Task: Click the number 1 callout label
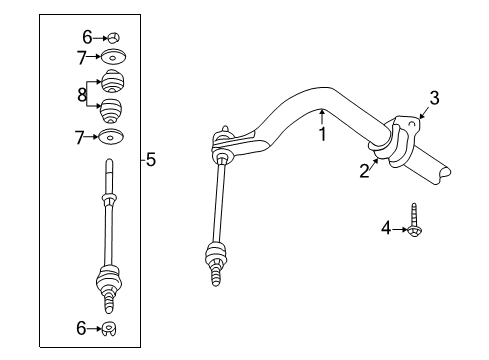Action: point(323,133)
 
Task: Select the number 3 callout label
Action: point(434,97)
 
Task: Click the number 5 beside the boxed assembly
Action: point(151,159)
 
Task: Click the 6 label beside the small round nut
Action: point(87,37)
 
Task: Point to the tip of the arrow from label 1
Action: point(321,112)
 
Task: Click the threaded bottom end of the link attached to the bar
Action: point(215,273)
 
